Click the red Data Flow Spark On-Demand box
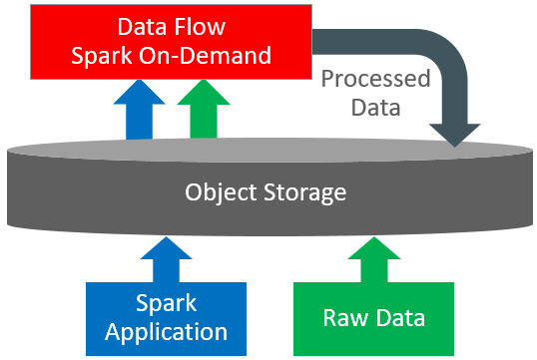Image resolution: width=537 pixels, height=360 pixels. pyautogui.click(x=171, y=41)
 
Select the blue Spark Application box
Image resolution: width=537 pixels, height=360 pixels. pyautogui.click(x=167, y=317)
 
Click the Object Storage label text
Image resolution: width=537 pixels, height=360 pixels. pyautogui.click(x=266, y=190)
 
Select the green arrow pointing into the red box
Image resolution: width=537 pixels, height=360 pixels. pyautogui.click(x=202, y=109)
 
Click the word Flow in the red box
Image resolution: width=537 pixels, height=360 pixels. pyautogui.click(x=201, y=27)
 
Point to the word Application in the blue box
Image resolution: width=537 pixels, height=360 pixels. pyautogui.click(x=167, y=331)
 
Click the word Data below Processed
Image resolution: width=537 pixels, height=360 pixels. pyautogui.click(x=376, y=105)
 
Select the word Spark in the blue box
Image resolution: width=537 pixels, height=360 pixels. pyautogui.click(x=167, y=304)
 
